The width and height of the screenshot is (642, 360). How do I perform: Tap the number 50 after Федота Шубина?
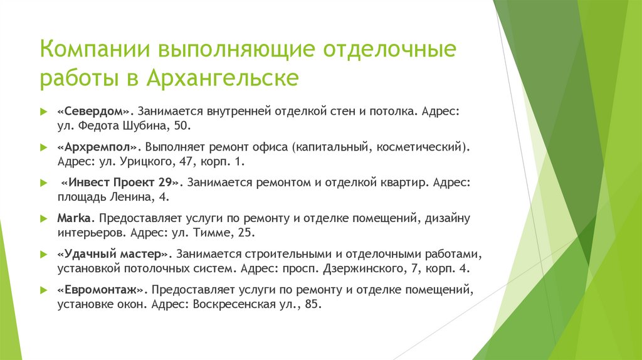tap(181, 125)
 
